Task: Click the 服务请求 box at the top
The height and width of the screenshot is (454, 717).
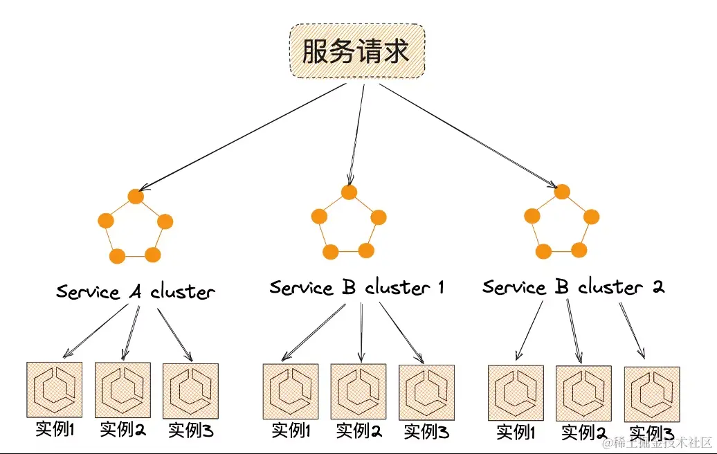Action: click(356, 51)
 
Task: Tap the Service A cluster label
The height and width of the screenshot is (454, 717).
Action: click(136, 291)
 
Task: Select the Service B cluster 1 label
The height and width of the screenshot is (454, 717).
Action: click(356, 287)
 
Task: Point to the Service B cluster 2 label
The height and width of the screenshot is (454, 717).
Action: click(573, 287)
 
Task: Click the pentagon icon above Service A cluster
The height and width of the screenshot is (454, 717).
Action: click(135, 227)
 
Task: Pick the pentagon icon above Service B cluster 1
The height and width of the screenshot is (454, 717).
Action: click(349, 221)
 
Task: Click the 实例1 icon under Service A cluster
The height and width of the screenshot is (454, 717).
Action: click(54, 390)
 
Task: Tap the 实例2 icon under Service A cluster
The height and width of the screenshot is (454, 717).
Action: click(122, 390)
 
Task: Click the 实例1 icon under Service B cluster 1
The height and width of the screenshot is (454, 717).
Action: click(291, 392)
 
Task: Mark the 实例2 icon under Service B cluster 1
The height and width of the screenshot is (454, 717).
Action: click(358, 392)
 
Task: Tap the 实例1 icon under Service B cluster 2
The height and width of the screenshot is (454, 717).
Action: click(516, 393)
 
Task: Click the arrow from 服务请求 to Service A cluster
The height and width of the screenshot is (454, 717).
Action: click(242, 137)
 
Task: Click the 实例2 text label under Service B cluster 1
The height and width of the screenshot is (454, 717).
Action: click(358, 430)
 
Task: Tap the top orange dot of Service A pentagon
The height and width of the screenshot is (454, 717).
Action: click(136, 197)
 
